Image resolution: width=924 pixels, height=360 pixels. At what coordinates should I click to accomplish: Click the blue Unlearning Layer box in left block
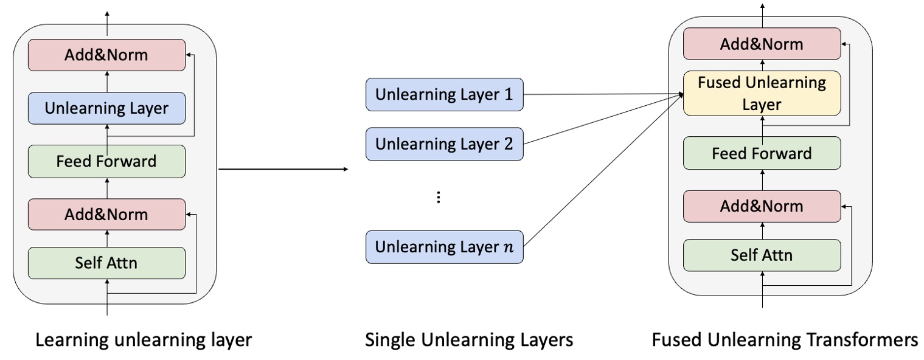(106, 109)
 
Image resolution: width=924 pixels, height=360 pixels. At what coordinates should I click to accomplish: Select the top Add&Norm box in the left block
(106, 55)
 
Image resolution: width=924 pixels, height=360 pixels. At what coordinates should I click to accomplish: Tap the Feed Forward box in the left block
(106, 162)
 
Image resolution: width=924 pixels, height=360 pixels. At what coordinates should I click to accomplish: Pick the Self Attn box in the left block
(106, 263)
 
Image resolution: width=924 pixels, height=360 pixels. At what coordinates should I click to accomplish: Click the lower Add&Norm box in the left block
(106, 214)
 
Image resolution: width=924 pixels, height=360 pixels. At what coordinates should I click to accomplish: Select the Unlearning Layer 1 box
(444, 95)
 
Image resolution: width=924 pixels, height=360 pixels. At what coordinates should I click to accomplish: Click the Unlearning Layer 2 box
(444, 145)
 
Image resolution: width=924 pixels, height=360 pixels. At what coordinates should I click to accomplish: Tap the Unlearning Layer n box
(444, 247)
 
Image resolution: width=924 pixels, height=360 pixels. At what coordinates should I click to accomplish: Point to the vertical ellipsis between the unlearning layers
(439, 198)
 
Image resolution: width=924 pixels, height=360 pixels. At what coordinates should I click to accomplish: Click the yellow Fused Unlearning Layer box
(762, 94)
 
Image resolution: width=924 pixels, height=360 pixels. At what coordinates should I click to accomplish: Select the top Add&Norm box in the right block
(762, 44)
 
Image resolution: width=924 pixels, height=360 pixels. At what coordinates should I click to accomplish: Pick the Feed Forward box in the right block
(762, 153)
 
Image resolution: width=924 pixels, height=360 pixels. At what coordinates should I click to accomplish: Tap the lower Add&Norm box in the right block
(762, 206)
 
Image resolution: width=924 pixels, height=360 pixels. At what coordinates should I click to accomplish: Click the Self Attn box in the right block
(762, 255)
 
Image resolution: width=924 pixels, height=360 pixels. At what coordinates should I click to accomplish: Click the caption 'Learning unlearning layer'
(144, 341)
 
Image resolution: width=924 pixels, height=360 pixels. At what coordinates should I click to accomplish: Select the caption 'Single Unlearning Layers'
(468, 341)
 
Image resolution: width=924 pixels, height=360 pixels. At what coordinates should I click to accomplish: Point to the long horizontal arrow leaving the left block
(283, 169)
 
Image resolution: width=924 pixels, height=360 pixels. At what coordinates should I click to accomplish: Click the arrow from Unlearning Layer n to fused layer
(602, 170)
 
